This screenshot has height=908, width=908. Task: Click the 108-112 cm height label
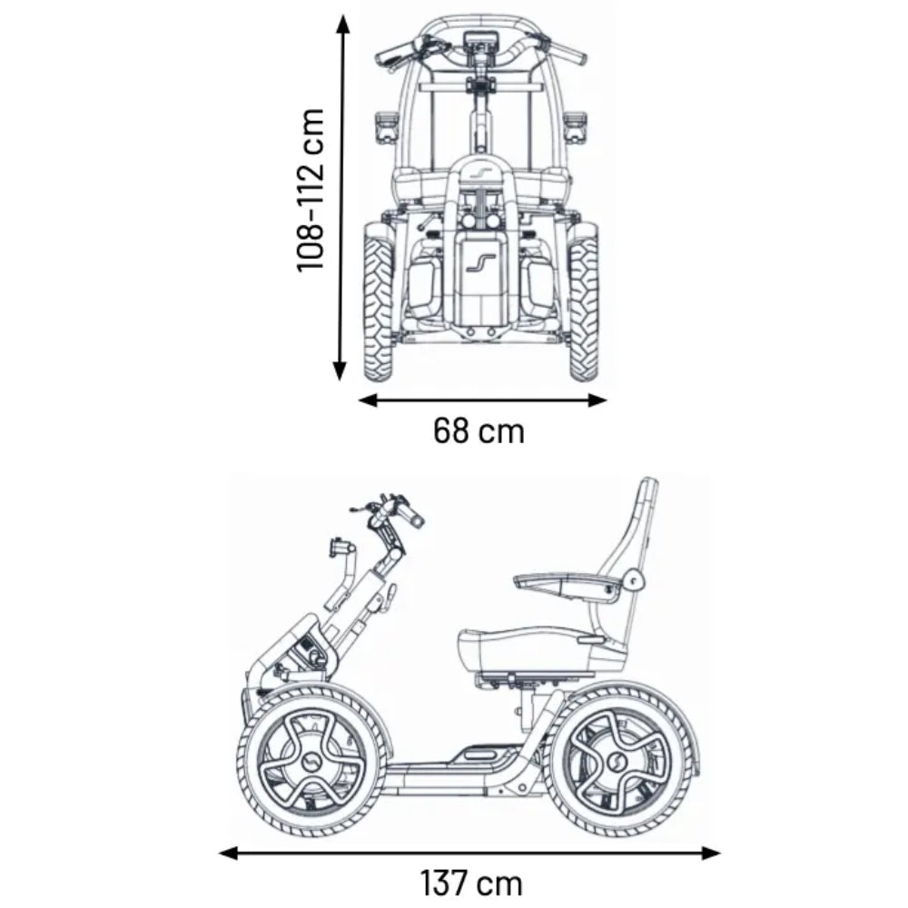tap(311, 190)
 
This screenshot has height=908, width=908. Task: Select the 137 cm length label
tap(470, 882)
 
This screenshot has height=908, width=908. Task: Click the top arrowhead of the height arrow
tap(342, 24)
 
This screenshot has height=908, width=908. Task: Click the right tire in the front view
tap(584, 304)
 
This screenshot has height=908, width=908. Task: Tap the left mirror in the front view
tap(386, 126)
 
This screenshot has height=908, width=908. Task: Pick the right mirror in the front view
tap(575, 126)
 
